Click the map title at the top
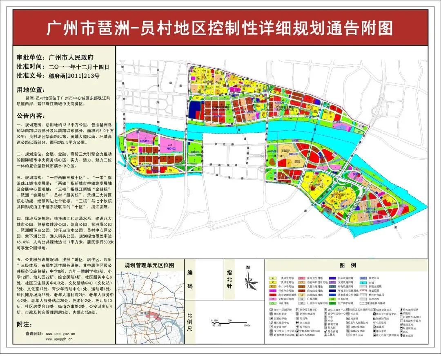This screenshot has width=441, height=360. tap(220, 28)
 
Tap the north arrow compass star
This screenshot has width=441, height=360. tap(248, 282)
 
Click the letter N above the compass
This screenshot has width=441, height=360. tap(248, 267)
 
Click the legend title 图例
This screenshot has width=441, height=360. tap(351, 266)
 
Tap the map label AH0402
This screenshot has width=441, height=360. tap(171, 148)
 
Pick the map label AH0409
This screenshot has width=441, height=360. tap(293, 154)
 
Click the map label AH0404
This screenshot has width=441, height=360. tap(195, 152)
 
